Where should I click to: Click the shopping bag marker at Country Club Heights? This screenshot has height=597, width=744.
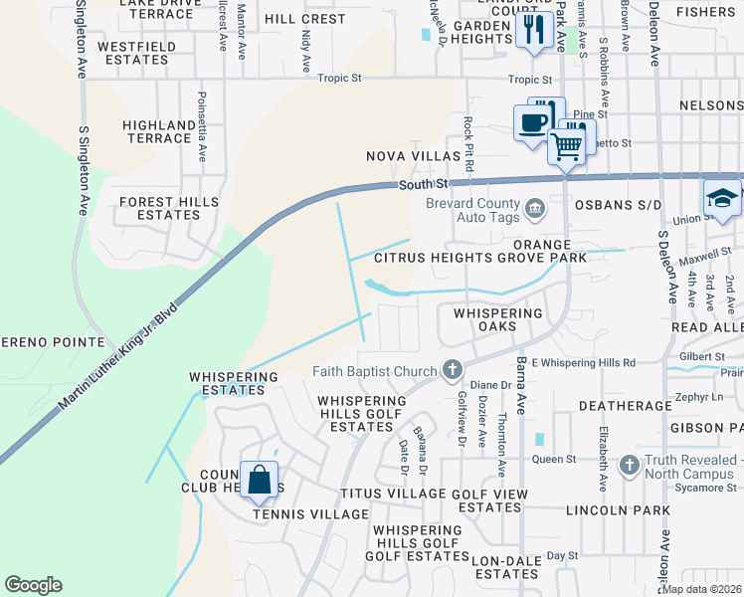(x=259, y=481)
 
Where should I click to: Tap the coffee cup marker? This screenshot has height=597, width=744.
(x=532, y=124)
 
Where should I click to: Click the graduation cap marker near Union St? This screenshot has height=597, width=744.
(x=721, y=198)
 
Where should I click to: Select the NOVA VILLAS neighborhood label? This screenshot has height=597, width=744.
(x=413, y=156)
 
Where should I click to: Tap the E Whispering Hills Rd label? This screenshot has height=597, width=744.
(x=583, y=363)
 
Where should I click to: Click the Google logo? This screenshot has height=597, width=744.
(x=34, y=584)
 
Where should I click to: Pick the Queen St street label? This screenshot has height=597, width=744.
(x=555, y=459)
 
